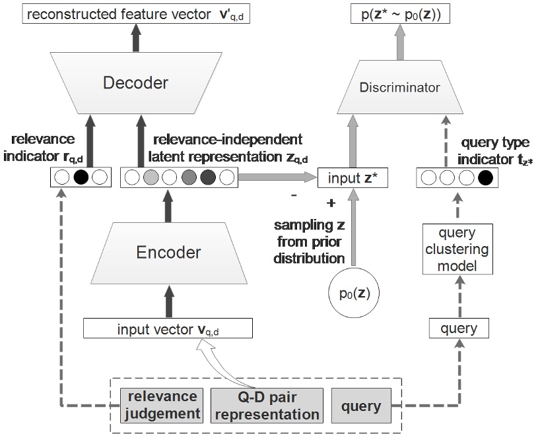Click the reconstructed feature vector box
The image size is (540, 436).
click(135, 13)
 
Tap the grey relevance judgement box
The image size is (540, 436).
click(162, 404)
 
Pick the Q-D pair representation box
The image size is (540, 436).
click(267, 404)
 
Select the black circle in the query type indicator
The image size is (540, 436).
click(486, 177)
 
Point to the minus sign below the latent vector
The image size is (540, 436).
click(294, 195)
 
